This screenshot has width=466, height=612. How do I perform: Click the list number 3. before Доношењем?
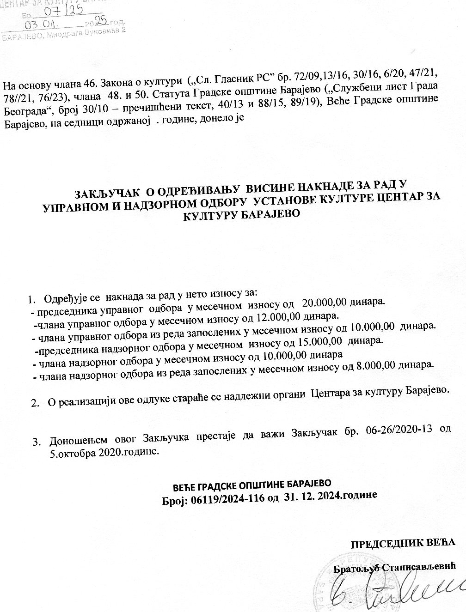point(36,442)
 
